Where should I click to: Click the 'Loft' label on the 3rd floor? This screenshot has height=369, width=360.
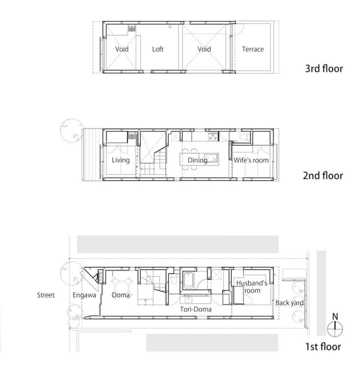pos(158,49)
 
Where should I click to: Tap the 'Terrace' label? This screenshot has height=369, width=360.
pos(253,49)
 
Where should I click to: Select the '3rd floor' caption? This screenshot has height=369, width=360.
pos(323,69)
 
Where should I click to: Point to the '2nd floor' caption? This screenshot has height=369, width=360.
pos(323,176)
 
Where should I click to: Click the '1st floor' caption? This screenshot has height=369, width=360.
pos(323,347)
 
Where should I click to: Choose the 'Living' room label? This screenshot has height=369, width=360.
pos(121,160)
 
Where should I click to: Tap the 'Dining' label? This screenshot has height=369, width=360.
pos(197,160)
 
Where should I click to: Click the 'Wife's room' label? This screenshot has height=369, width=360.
pos(251,160)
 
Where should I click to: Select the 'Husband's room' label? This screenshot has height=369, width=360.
pos(252,287)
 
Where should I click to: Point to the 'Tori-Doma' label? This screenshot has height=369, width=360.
pos(196,309)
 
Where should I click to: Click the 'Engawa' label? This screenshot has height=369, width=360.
pos(82,295)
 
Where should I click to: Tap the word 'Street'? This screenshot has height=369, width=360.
pos(46,295)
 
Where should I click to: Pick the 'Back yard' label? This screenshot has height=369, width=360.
pos(290,303)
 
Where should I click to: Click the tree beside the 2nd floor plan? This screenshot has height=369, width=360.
pos(72,130)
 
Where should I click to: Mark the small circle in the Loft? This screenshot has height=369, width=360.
pos(170,27)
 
